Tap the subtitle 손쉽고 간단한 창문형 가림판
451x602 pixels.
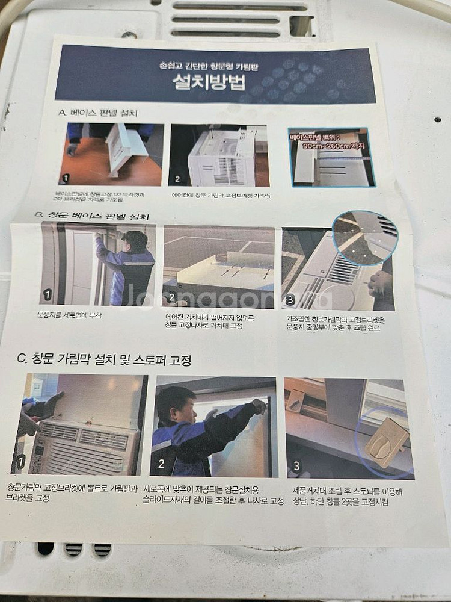[215, 64]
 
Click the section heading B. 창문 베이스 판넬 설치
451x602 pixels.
[96, 214]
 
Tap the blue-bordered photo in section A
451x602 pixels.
[331, 157]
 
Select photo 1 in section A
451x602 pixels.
[111, 154]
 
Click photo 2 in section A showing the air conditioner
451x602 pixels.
[219, 155]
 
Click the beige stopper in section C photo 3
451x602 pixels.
[386, 443]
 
